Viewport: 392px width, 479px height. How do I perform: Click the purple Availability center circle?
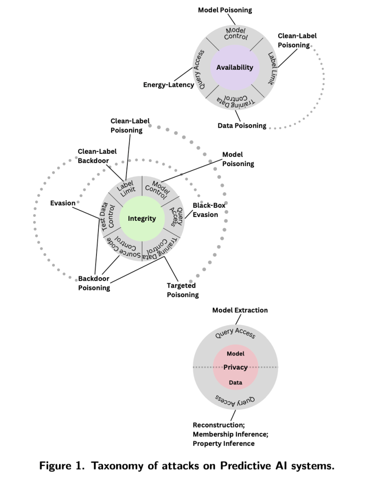pos(235,67)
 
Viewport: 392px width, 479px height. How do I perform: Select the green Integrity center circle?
pos(142,218)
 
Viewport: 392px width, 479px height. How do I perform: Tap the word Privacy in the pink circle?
pos(235,367)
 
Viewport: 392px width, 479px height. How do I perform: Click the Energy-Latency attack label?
pos(169,85)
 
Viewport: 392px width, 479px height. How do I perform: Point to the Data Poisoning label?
pos(242,125)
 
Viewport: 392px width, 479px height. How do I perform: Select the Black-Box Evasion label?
pos(206,210)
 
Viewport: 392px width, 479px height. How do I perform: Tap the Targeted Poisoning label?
pos(183,290)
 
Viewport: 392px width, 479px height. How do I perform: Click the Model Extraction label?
pos(240,310)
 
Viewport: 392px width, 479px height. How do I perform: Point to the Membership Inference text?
pos(230,434)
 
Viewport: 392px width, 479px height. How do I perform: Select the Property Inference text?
pos(223,443)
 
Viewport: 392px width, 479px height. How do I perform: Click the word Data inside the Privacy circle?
pos(235,383)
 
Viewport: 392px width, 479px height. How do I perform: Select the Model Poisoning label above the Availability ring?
pos(225,10)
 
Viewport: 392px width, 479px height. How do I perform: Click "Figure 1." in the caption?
pos(63,466)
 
